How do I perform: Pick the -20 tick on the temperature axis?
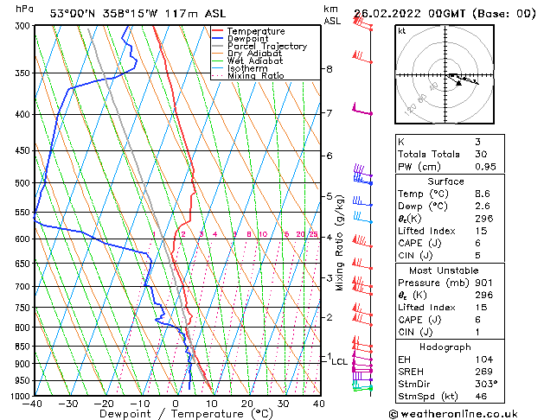pos(104,404)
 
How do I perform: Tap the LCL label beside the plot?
pos(339,361)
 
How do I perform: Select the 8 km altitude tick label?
pos(329,69)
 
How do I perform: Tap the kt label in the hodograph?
pos(401,30)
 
